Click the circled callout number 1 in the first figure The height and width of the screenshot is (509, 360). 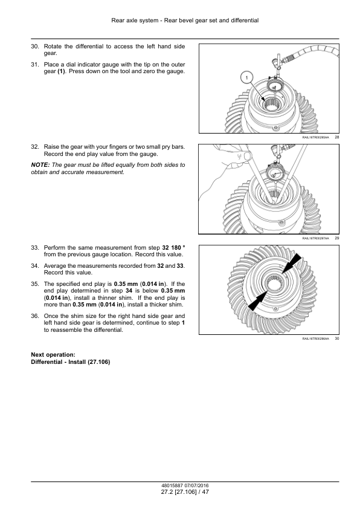pyautogui.click(x=247, y=78)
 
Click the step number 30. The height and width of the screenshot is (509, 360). pyautogui.click(x=34, y=47)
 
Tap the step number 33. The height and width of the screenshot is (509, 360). pyautogui.click(x=34, y=248)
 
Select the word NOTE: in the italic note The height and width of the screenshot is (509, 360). pyautogui.click(x=40, y=165)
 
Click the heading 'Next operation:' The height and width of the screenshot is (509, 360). pyautogui.click(x=53, y=355)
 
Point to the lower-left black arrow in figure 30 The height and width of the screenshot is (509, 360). pyautogui.click(x=258, y=301)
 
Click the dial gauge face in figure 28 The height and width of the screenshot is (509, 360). pyautogui.click(x=274, y=87)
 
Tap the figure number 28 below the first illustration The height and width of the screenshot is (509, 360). pyautogui.click(x=336, y=137)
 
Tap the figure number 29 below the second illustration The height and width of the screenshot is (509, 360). pyautogui.click(x=336, y=238)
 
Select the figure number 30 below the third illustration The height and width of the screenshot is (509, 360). pyautogui.click(x=336, y=339)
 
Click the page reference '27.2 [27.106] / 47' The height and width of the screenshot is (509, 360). pyautogui.click(x=185, y=492)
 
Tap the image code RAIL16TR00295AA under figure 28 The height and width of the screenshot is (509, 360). pyautogui.click(x=315, y=138)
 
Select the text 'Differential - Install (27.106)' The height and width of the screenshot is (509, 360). pyautogui.click(x=71, y=362)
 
